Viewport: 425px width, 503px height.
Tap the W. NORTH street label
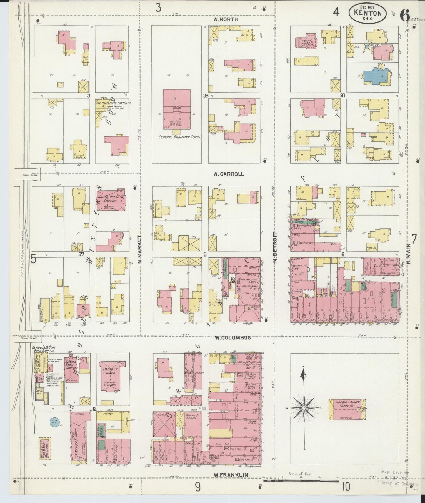tap(226, 20)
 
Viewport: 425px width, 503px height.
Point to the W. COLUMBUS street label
tap(232, 338)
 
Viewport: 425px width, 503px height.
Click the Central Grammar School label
tap(180, 137)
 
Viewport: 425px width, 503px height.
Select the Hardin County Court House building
tap(347, 410)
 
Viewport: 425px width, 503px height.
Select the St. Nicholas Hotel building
tap(80, 437)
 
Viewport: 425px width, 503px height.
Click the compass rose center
tap(304, 408)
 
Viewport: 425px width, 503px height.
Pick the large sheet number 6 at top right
tap(405, 15)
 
